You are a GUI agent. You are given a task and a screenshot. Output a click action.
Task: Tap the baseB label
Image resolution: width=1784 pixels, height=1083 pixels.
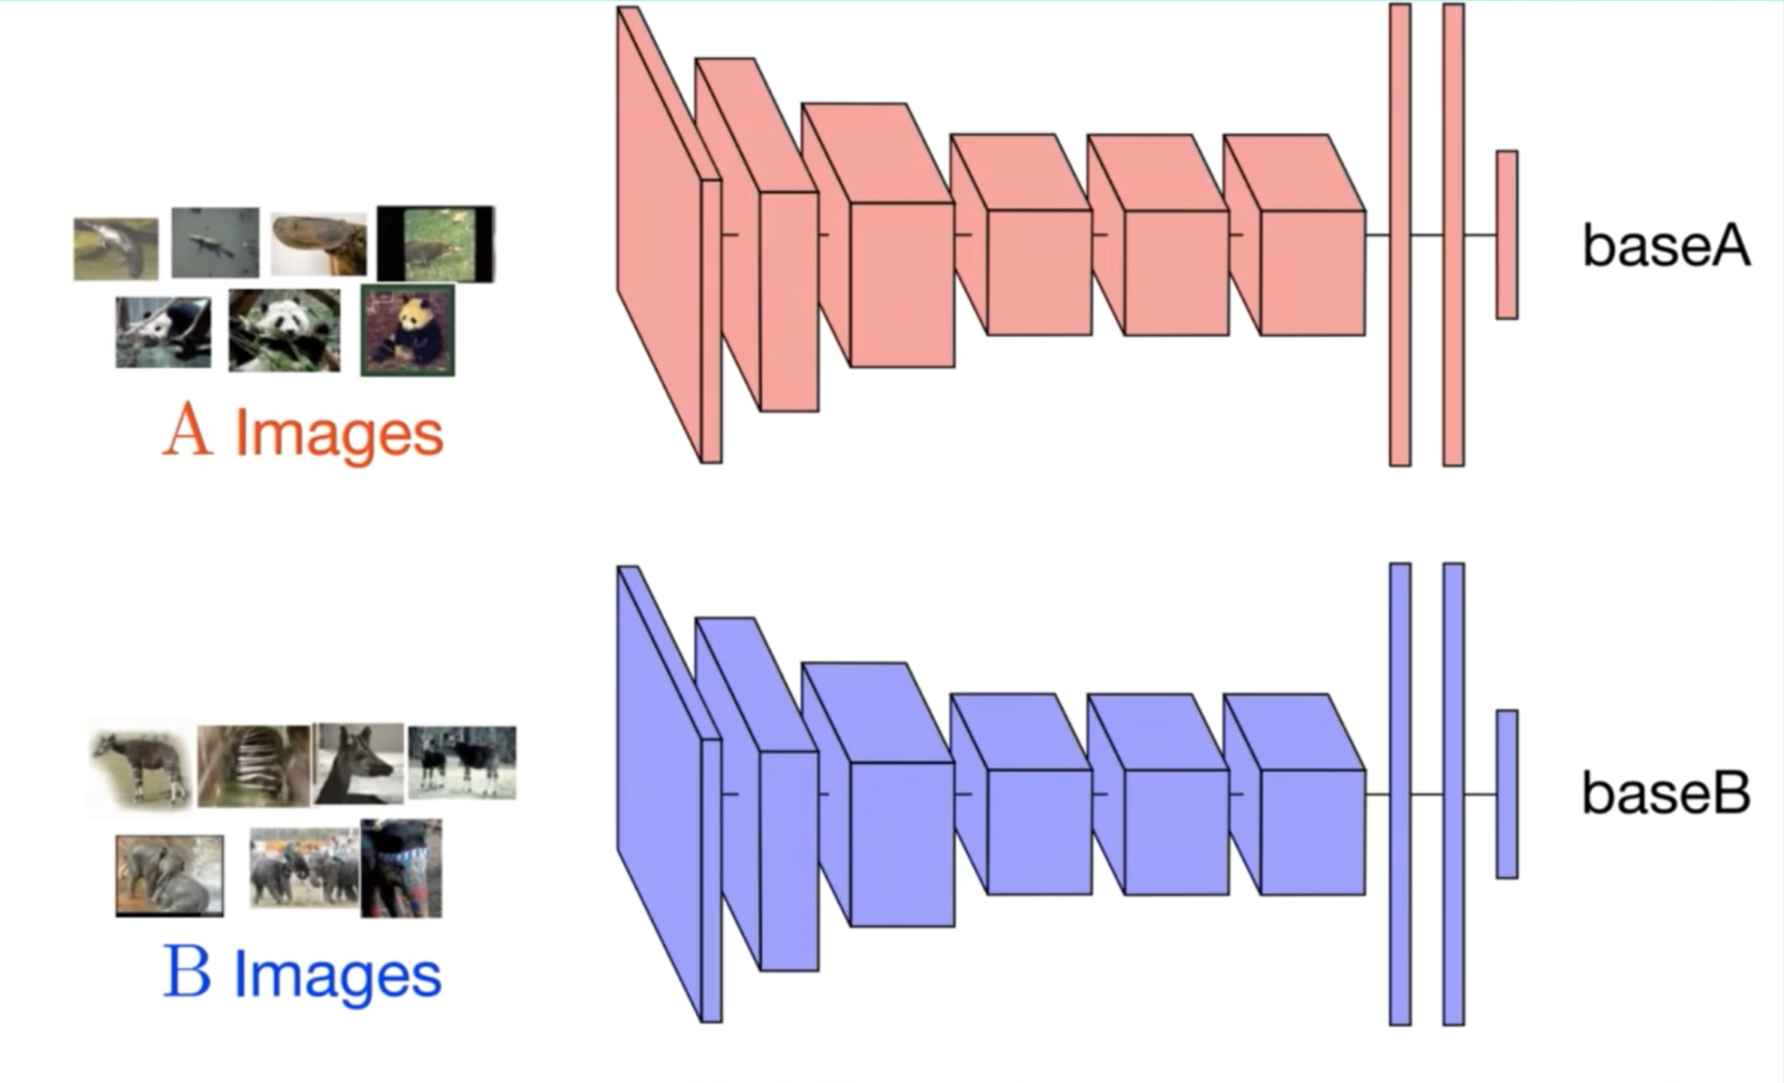[x=1665, y=794]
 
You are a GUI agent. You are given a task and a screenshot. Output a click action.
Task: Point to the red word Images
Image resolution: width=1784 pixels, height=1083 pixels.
[x=339, y=434]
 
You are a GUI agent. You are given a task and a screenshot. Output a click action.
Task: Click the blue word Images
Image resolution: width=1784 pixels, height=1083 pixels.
[x=337, y=976]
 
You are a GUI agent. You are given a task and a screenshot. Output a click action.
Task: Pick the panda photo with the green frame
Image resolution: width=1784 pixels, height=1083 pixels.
[x=408, y=329]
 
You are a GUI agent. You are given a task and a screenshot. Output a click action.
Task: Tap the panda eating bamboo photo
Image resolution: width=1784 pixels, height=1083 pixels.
[x=284, y=330]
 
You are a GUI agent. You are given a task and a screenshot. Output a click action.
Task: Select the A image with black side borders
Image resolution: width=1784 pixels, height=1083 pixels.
[x=436, y=244]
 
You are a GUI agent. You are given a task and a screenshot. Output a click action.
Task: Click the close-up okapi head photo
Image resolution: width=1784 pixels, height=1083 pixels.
[x=358, y=763]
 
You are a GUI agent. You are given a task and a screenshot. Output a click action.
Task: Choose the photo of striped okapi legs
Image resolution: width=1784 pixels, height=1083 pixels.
[x=253, y=766]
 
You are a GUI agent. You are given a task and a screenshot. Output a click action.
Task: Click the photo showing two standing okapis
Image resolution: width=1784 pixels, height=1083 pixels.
[x=462, y=761]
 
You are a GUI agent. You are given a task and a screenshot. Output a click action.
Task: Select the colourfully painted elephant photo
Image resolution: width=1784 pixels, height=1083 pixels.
[x=401, y=868]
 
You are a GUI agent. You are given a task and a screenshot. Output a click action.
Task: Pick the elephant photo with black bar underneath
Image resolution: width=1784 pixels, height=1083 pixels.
[x=169, y=875]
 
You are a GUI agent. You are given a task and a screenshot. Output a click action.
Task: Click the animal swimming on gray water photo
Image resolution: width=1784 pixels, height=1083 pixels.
[x=215, y=242]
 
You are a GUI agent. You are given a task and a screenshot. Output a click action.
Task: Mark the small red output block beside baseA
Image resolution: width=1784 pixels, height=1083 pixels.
[x=1507, y=234]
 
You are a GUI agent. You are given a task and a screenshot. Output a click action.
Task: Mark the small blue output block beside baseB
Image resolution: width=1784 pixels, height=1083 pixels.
[x=1507, y=794]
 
